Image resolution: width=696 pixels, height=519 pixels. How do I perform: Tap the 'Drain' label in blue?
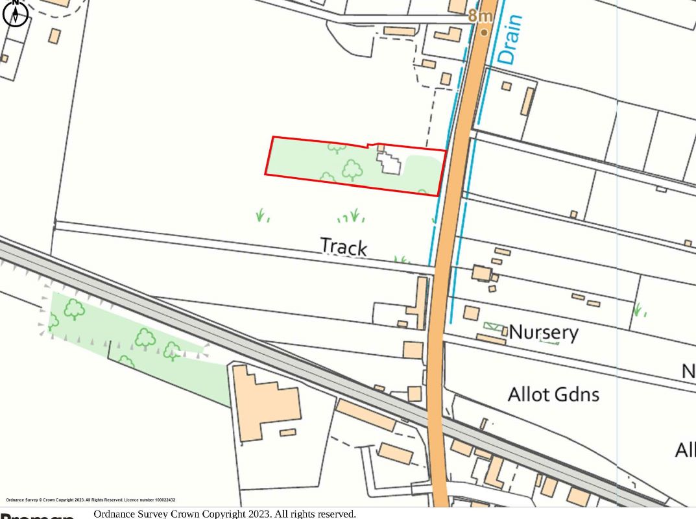click(510, 39)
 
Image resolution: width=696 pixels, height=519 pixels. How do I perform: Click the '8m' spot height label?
click(480, 16)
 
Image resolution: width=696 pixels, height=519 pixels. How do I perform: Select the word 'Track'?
click(344, 247)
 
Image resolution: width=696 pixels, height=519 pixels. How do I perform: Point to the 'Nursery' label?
click(544, 332)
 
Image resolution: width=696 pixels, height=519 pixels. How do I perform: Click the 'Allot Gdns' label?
click(553, 394)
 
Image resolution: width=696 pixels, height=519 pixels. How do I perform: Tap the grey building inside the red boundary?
click(389, 162)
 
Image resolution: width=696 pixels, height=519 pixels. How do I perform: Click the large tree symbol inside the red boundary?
click(352, 170)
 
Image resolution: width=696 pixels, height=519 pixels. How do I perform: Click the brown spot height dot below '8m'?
click(484, 32)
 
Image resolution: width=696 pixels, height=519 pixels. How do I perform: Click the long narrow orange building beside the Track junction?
click(421, 302)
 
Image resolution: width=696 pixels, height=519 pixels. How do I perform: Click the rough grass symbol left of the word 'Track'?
click(262, 215)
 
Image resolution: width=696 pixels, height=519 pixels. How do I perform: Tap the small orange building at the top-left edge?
click(54, 36)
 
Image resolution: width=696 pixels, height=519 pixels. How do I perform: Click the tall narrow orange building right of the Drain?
click(527, 101)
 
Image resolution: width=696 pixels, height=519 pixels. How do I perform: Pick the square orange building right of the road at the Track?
click(481, 272)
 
